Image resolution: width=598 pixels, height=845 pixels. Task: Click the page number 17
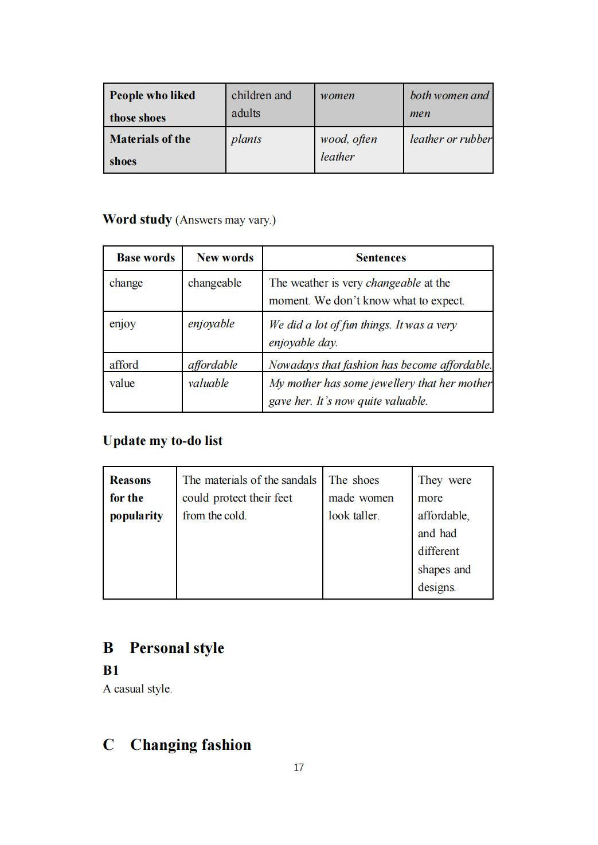[x=298, y=767]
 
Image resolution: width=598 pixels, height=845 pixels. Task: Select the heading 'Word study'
[x=137, y=219]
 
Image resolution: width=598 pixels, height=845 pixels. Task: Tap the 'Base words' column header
[x=146, y=257]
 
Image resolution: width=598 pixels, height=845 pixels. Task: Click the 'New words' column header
[x=225, y=257]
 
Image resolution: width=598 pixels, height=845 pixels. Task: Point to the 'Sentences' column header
[x=381, y=257]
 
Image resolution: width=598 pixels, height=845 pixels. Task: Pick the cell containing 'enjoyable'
[x=211, y=324]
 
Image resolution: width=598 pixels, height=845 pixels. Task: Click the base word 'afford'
[x=124, y=365]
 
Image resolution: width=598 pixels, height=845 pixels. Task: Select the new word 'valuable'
[x=208, y=383]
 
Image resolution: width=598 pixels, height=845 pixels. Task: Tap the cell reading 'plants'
[x=246, y=139]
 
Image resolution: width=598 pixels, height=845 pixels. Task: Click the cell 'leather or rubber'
[x=450, y=139]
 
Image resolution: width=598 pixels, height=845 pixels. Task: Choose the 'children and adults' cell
[x=261, y=104]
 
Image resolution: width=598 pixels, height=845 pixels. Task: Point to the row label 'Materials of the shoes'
[x=150, y=150]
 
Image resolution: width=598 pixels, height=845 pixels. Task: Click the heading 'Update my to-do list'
[x=163, y=440]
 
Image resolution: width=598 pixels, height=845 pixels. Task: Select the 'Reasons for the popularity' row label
[x=136, y=498]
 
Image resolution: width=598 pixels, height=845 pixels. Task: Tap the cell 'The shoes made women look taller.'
[x=361, y=498]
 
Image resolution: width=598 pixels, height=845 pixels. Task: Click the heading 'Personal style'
[x=177, y=648]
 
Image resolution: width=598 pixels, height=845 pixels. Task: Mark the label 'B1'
[x=111, y=670]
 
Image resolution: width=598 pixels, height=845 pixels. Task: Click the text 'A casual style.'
[x=138, y=688]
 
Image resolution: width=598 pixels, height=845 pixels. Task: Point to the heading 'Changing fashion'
[x=190, y=744]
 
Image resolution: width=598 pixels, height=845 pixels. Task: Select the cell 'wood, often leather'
[x=348, y=147]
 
